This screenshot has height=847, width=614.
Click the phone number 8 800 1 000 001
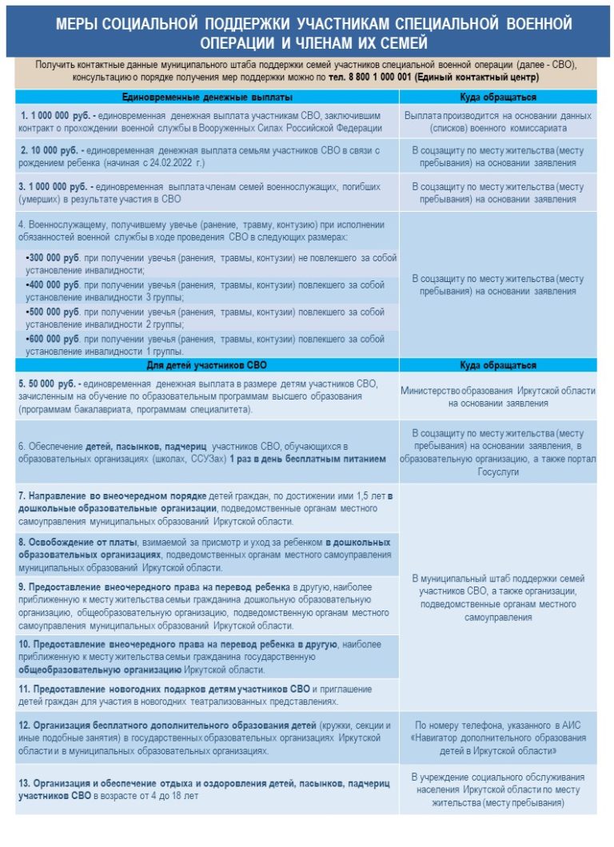point(381,78)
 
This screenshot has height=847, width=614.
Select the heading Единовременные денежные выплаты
point(206,97)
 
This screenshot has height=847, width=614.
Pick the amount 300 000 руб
point(54,259)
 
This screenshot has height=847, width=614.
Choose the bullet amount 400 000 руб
point(54,285)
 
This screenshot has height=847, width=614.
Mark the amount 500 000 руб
point(54,312)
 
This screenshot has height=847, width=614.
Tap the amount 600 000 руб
point(54,339)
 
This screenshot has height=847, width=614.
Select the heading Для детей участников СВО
point(206,365)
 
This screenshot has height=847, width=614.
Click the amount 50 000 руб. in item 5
point(50,384)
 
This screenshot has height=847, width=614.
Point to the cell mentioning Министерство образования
point(498,396)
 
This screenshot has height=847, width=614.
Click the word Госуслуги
point(498,472)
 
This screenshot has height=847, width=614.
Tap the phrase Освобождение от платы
point(67,541)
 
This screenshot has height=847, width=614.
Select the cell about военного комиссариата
point(498,122)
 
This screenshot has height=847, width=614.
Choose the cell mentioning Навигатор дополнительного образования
point(498,738)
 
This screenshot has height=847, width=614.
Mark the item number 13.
point(25,782)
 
